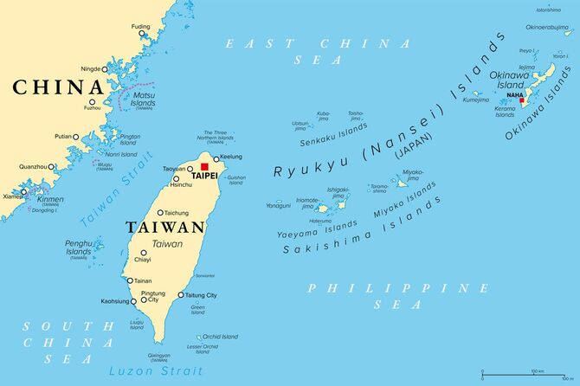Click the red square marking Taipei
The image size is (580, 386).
coord(204,166)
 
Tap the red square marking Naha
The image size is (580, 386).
coord(521,101)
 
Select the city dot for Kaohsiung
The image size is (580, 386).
coord(132,301)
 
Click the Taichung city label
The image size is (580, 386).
coord(177,212)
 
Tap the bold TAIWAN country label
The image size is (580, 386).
coord(165,228)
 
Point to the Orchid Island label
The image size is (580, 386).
coord(221,337)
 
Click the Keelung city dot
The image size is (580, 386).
coord(216,158)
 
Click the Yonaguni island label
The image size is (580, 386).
coord(279,205)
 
